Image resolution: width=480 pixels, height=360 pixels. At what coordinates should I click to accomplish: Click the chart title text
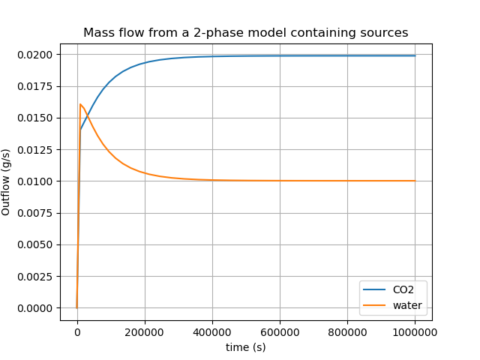point(246,33)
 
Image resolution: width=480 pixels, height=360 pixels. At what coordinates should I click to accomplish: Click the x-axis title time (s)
point(246,347)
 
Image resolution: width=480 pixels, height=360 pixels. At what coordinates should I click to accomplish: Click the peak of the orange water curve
point(80,104)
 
